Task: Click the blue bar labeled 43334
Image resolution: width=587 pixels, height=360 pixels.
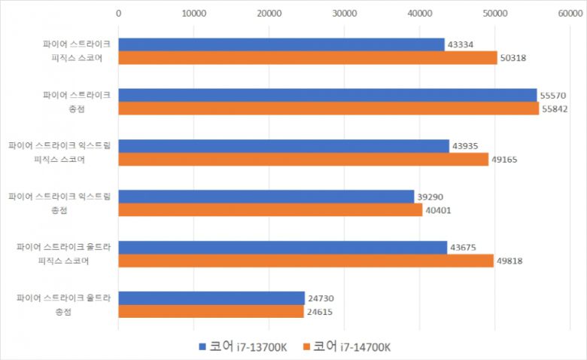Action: (281, 45)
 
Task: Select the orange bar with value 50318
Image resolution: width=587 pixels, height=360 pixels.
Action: (308, 58)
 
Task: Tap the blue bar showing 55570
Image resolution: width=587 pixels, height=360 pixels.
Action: (327, 96)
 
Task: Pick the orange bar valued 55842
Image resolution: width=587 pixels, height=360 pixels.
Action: (328, 108)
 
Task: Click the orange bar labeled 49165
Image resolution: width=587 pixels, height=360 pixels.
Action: (303, 160)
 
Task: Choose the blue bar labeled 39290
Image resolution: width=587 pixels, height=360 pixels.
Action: (266, 197)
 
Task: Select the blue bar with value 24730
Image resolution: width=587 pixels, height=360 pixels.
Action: (211, 298)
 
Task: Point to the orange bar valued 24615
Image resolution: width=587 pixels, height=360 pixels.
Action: (211, 311)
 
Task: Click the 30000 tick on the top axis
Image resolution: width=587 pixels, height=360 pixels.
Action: (344, 13)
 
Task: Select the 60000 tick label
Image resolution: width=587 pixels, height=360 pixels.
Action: (570, 13)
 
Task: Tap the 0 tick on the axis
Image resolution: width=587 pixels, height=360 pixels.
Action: (118, 13)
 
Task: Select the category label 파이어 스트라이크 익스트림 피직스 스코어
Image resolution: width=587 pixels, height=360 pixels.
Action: (59, 152)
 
